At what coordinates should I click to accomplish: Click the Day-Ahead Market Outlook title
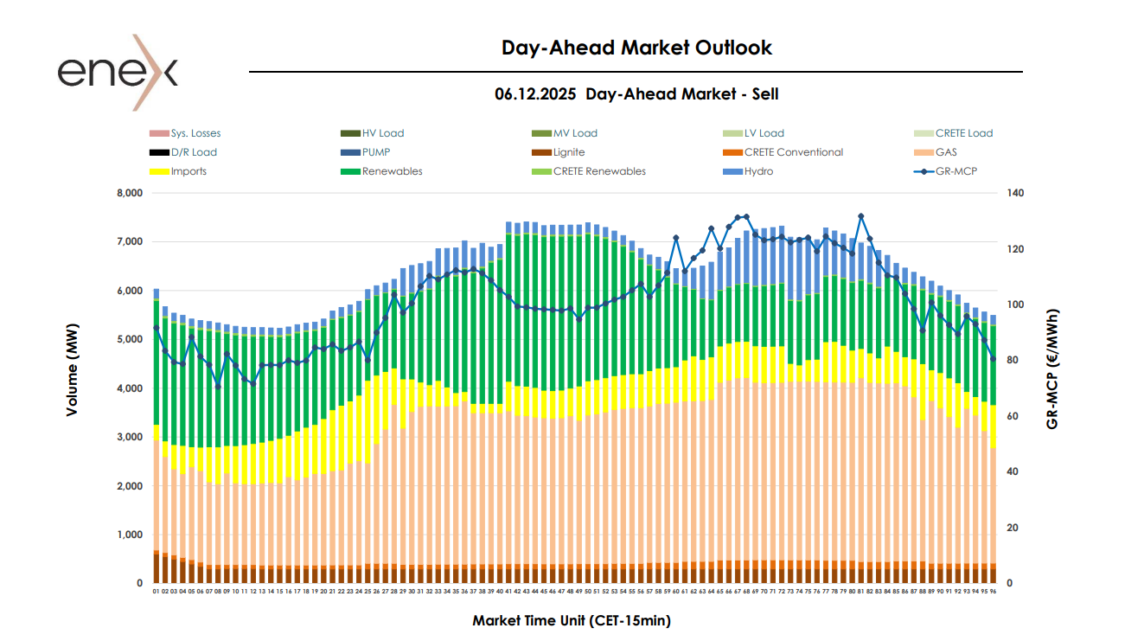click(636, 48)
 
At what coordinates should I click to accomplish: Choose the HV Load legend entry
click(383, 133)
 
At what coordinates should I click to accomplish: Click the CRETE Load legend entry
click(963, 133)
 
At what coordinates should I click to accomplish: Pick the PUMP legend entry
click(376, 152)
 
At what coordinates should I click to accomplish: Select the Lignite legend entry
click(568, 152)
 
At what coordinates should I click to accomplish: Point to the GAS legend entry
click(947, 152)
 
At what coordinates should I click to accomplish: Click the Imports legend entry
click(189, 171)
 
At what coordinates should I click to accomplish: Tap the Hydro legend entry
click(757, 171)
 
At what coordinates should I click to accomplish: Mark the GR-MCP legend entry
click(955, 171)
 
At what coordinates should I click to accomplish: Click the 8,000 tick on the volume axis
click(127, 193)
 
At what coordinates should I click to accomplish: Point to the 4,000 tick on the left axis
click(127, 388)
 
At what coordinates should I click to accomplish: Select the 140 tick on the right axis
click(1014, 193)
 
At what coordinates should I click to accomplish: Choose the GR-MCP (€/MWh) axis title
click(1052, 369)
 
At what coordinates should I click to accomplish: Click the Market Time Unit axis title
click(571, 620)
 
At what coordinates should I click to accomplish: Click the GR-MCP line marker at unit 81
click(860, 216)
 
